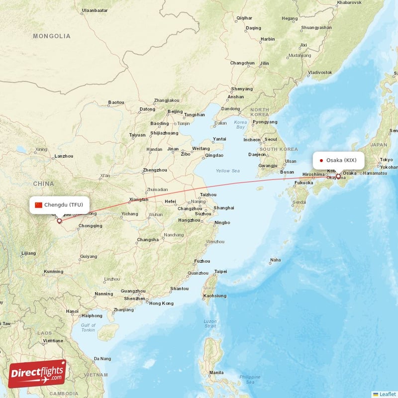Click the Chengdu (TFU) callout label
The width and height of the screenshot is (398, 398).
click(60, 204)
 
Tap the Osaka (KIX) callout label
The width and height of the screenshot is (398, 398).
click(338, 160)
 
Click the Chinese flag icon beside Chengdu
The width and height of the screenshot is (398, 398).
click(38, 204)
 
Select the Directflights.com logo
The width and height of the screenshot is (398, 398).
click(37, 373)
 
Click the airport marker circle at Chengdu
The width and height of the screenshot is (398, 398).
click(59, 221)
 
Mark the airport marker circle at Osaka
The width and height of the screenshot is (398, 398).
click(339, 176)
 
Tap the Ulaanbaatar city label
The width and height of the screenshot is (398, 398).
click(95, 10)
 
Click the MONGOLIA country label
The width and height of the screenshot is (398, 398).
click(52, 36)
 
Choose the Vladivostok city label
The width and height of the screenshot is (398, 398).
click(319, 72)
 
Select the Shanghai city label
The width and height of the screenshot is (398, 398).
click(223, 207)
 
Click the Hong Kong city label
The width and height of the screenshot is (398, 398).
click(161, 303)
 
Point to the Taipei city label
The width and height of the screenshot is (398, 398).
click(220, 272)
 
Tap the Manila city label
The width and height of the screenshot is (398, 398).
click(216, 372)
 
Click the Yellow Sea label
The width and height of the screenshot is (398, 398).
click(227, 171)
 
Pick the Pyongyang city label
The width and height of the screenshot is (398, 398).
click(265, 122)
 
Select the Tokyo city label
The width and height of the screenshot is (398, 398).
click(386, 160)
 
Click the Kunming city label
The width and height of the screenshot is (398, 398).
click(53, 272)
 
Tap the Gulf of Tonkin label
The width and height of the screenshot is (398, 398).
click(88, 327)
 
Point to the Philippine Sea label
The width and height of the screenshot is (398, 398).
click(250, 379)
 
